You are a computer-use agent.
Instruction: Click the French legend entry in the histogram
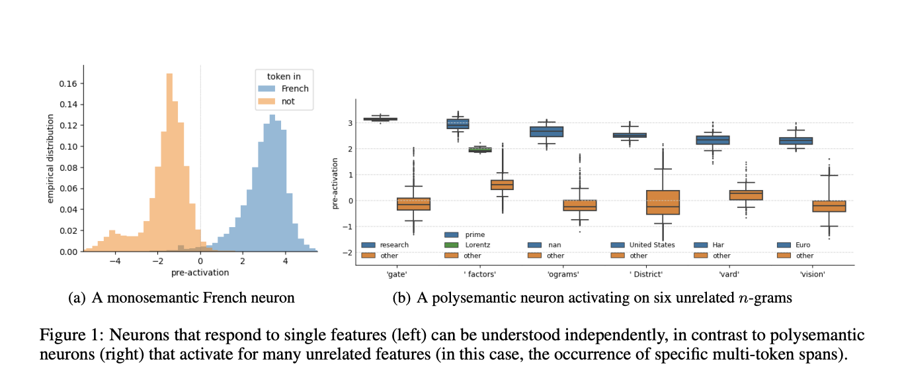click(x=294, y=89)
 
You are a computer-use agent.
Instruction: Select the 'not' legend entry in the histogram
click(x=288, y=101)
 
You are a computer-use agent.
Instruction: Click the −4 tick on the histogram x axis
click(x=114, y=261)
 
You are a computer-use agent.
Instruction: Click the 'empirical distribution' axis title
click(x=50, y=158)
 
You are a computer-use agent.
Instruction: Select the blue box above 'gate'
click(x=380, y=119)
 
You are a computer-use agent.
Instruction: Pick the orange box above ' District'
click(x=663, y=203)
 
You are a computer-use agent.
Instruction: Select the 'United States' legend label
click(x=652, y=245)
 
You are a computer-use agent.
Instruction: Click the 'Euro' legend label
click(x=805, y=245)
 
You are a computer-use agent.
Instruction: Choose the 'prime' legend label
click(x=475, y=234)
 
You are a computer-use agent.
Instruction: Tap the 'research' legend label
click(x=394, y=245)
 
